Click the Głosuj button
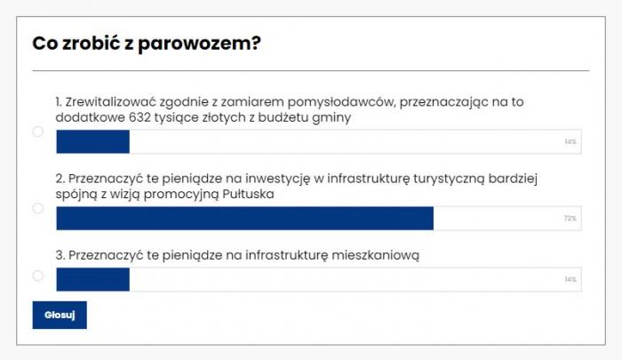(x=60, y=316)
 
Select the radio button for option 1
(x=38, y=132)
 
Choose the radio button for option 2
(x=38, y=208)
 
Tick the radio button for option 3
(x=38, y=276)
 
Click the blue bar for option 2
(x=244, y=219)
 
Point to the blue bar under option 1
(x=92, y=141)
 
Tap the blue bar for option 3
(x=92, y=279)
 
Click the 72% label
(x=570, y=219)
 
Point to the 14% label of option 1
(x=570, y=141)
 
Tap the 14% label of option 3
(x=570, y=279)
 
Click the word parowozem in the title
(x=200, y=44)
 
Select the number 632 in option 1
(x=140, y=117)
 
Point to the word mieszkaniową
(x=375, y=255)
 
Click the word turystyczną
(x=449, y=179)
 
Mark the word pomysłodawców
(x=341, y=102)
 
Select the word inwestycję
(x=277, y=179)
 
